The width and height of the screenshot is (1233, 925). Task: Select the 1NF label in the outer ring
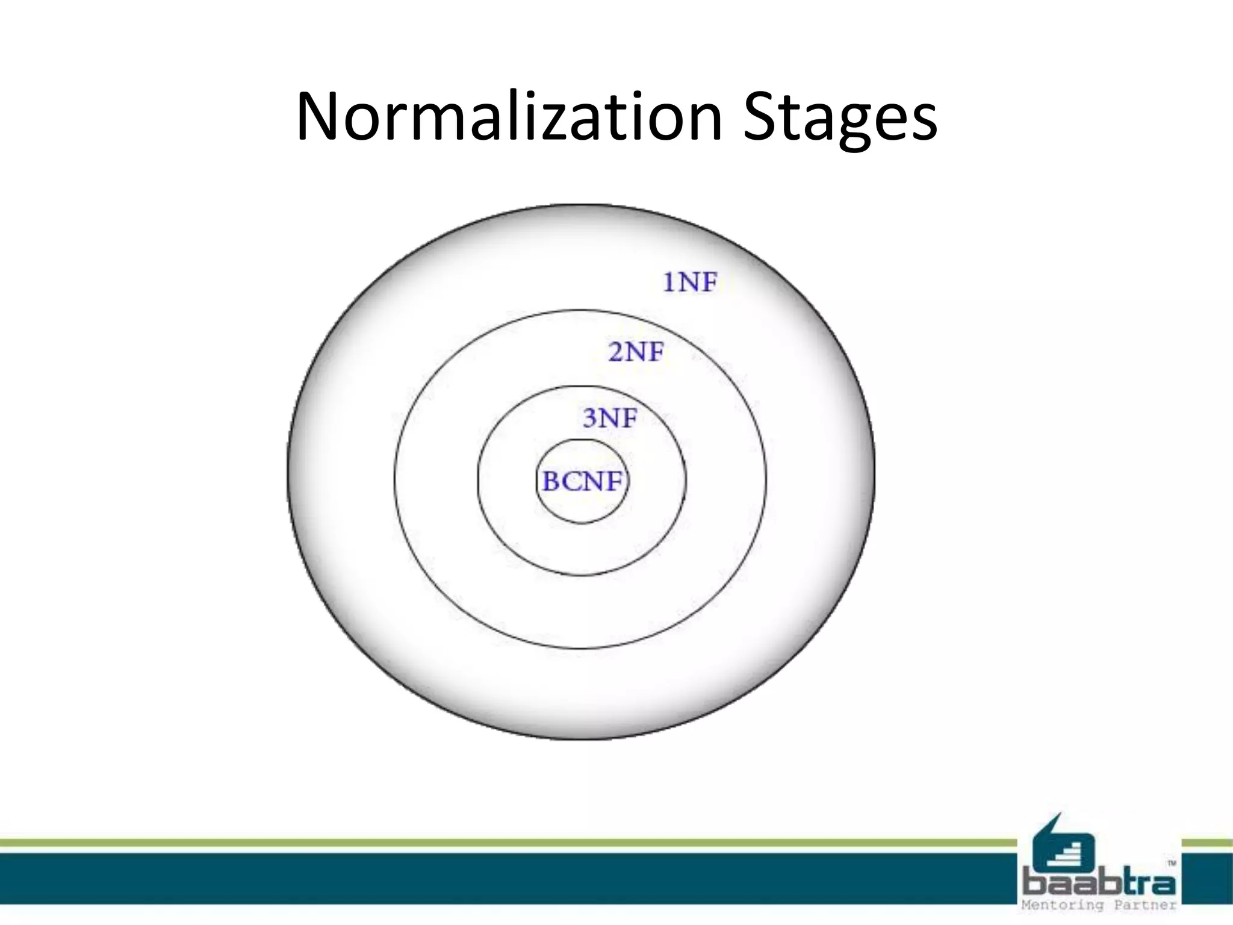pyautogui.click(x=690, y=282)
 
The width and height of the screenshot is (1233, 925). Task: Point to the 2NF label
pyautogui.click(x=636, y=351)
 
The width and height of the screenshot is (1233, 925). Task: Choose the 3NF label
pyautogui.click(x=609, y=417)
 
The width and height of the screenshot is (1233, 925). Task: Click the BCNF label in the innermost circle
pyautogui.click(x=582, y=482)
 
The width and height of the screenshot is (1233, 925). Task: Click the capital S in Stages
pyautogui.click(x=762, y=116)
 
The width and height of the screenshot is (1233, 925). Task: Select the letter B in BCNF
pyautogui.click(x=551, y=482)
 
